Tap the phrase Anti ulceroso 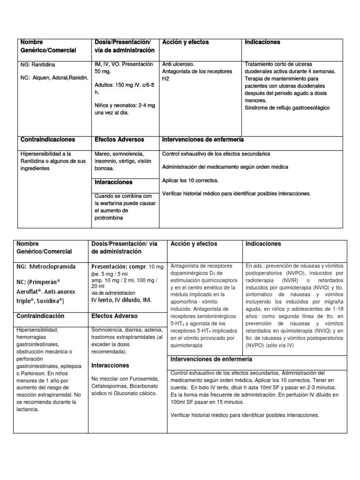(178, 64)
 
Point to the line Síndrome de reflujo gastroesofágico (287, 108)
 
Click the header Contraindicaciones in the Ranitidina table (47, 140)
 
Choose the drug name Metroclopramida (52, 266)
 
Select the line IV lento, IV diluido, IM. (122, 300)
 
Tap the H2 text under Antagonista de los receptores (165, 79)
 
